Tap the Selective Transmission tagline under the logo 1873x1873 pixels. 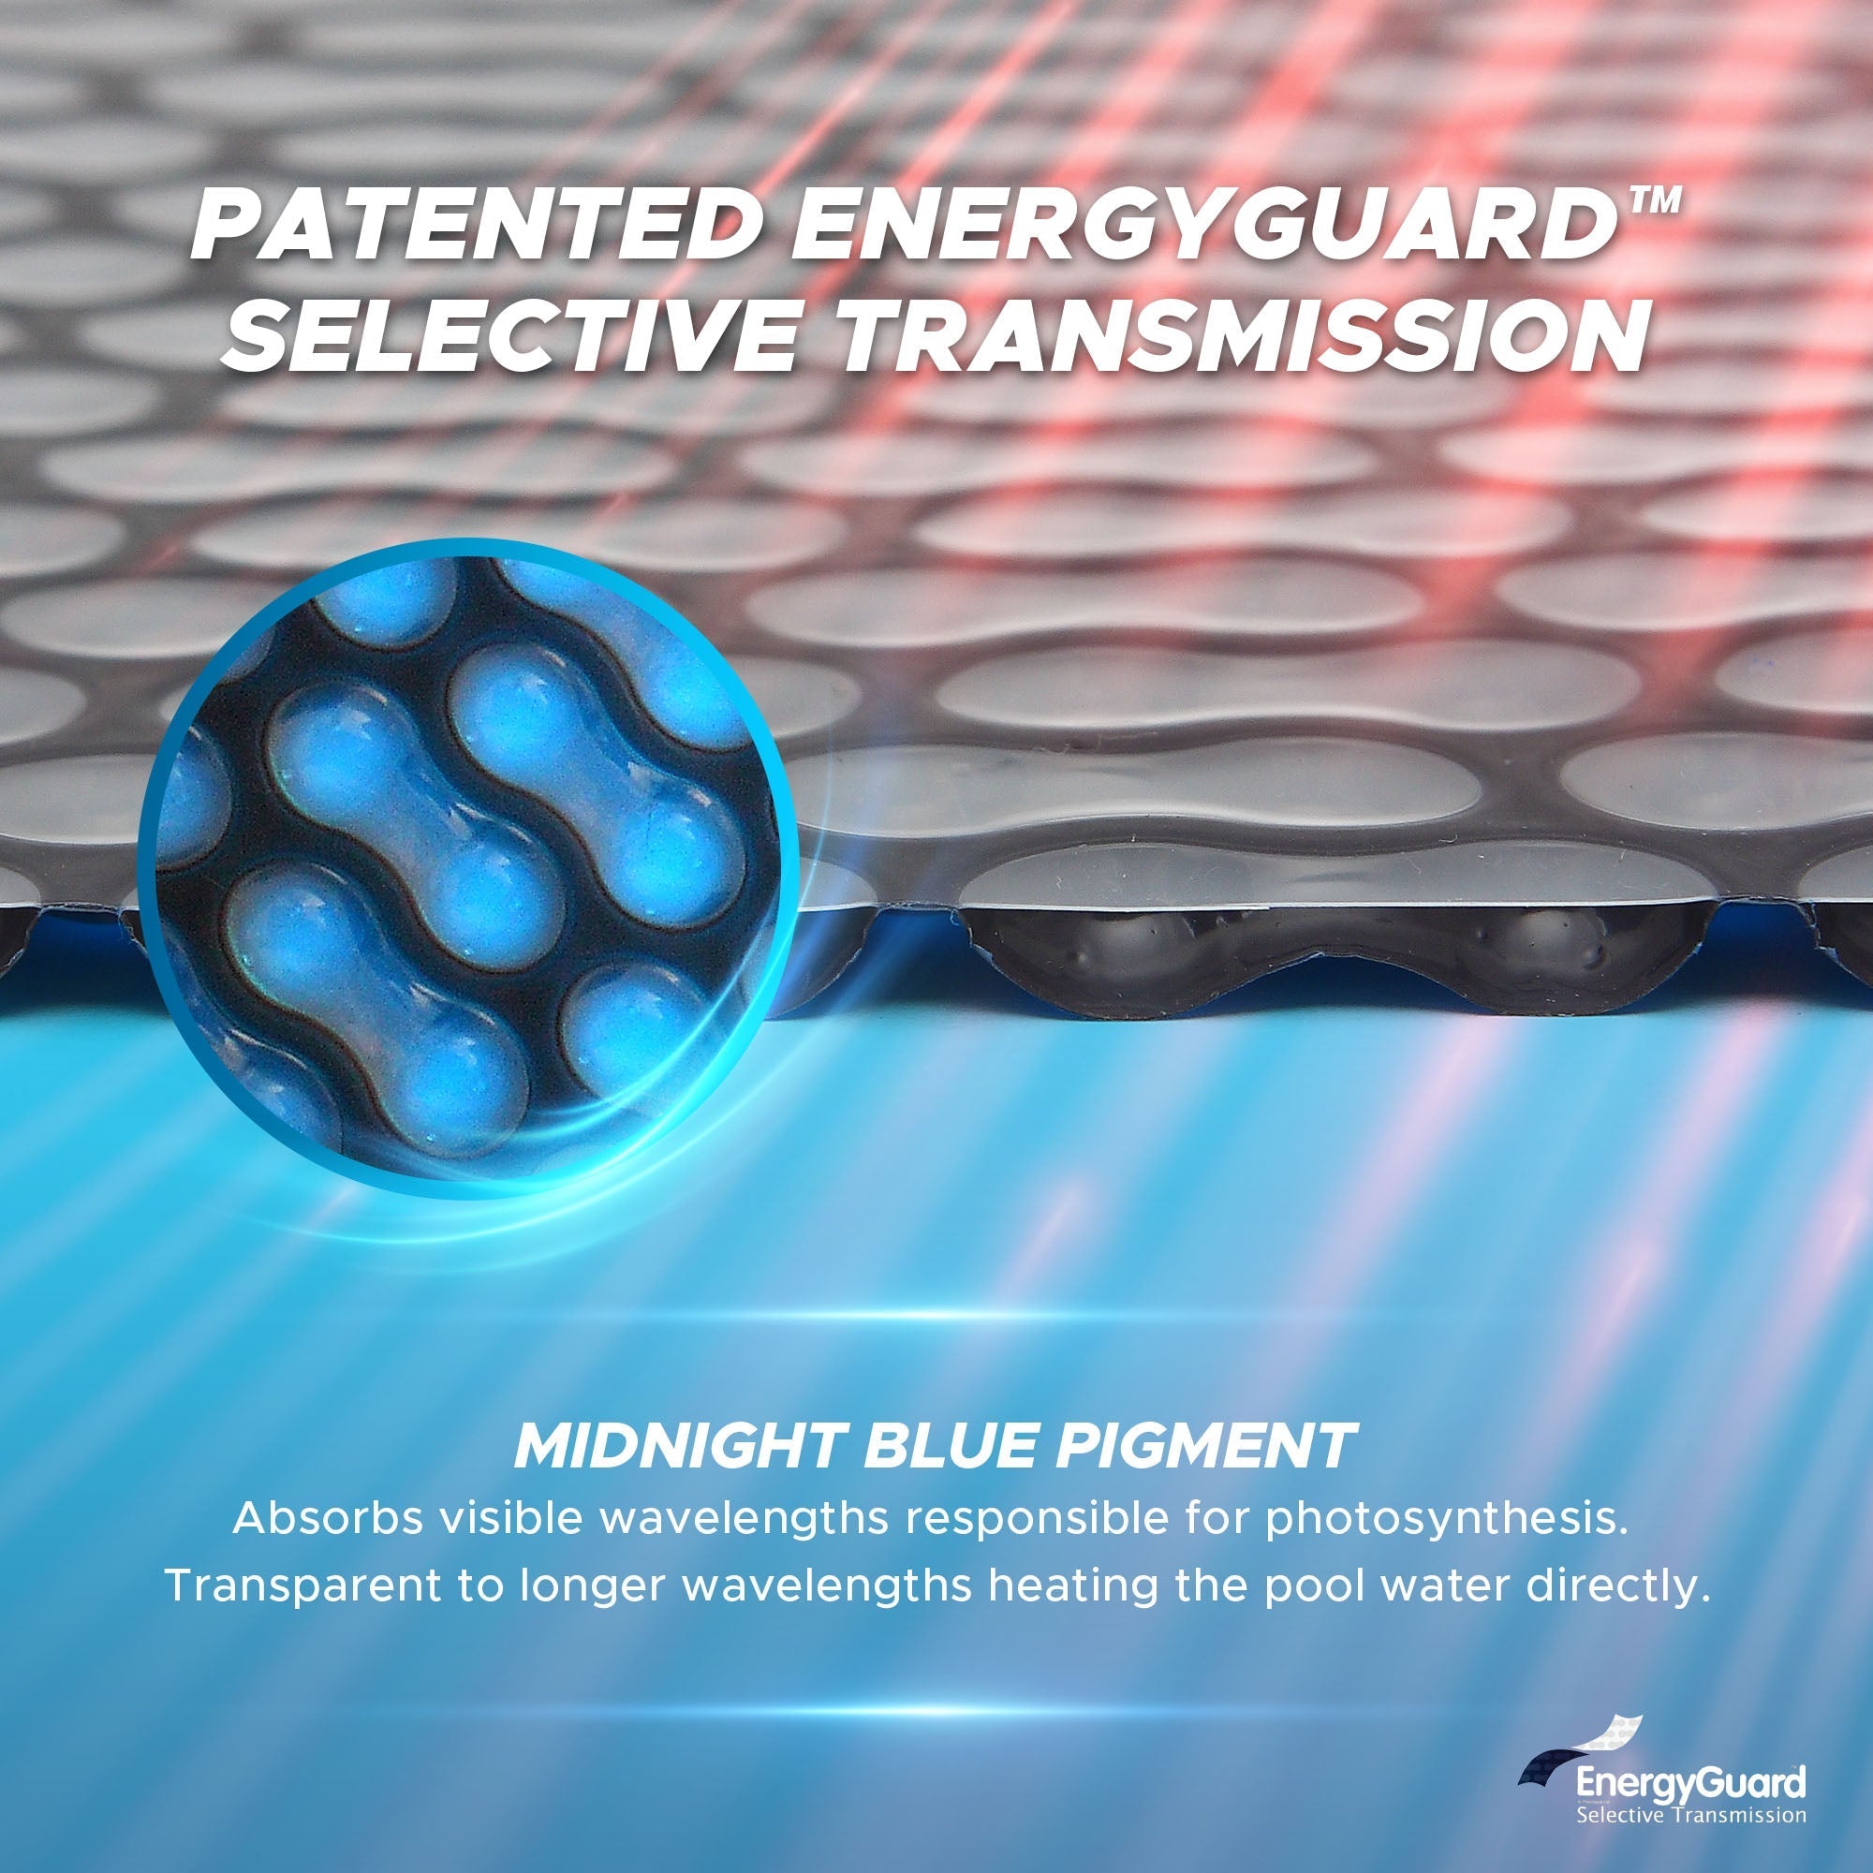click(x=1690, y=1814)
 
